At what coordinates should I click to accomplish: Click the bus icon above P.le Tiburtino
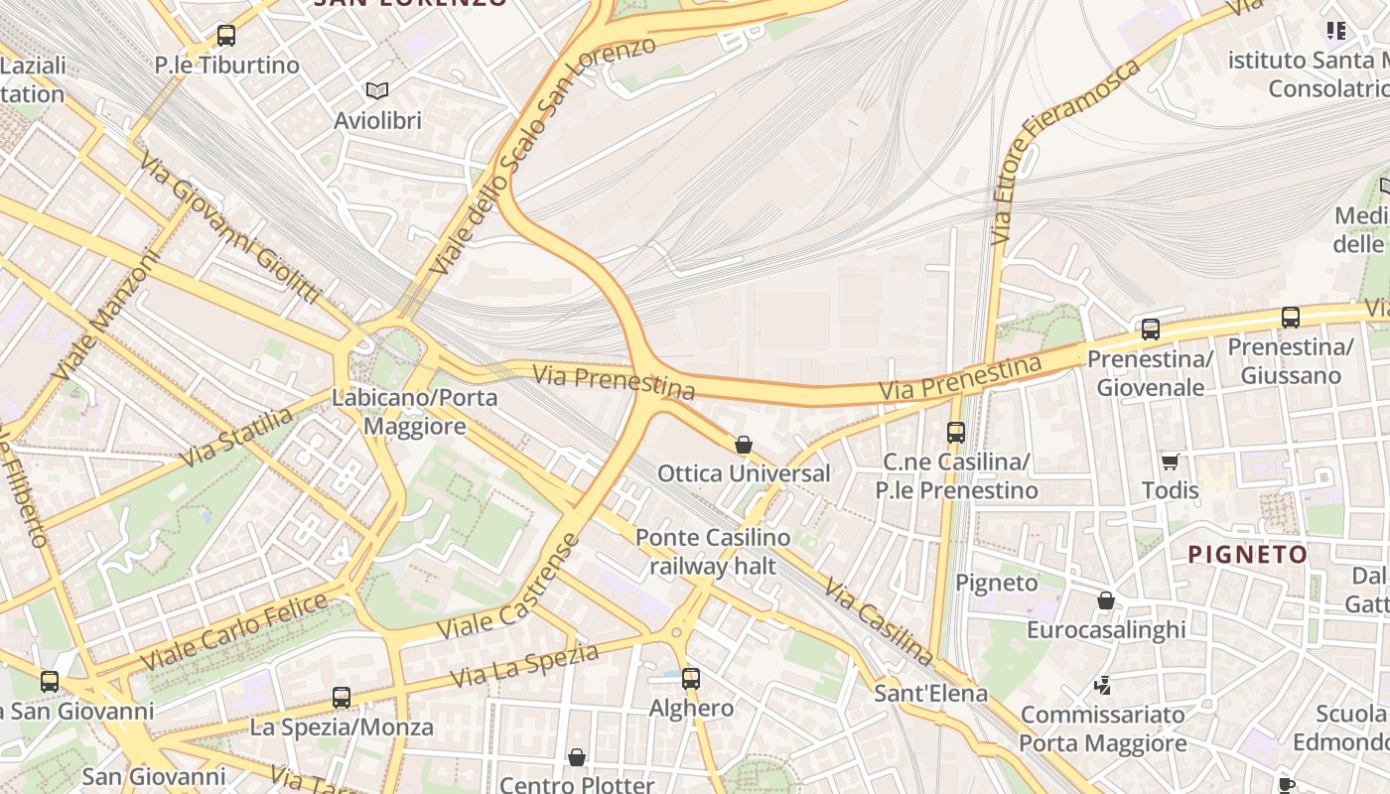[226, 36]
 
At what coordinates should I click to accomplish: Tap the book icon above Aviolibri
[376, 91]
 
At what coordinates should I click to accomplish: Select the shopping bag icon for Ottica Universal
[743, 445]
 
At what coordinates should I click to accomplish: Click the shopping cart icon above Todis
[1170, 462]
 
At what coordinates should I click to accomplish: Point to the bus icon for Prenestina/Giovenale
[1150, 329]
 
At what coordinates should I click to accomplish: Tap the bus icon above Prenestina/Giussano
[1290, 318]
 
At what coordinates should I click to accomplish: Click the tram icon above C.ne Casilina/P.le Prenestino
[955, 433]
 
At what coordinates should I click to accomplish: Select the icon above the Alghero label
[690, 679]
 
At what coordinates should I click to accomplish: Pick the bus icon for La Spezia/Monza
[342, 698]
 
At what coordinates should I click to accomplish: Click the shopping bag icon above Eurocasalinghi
[1105, 600]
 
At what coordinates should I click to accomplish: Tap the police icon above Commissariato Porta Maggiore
[1102, 685]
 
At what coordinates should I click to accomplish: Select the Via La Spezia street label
[525, 665]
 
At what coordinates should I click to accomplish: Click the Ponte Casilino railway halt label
[713, 552]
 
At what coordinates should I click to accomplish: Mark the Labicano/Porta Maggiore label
[415, 412]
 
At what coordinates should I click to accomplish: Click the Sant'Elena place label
[930, 694]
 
